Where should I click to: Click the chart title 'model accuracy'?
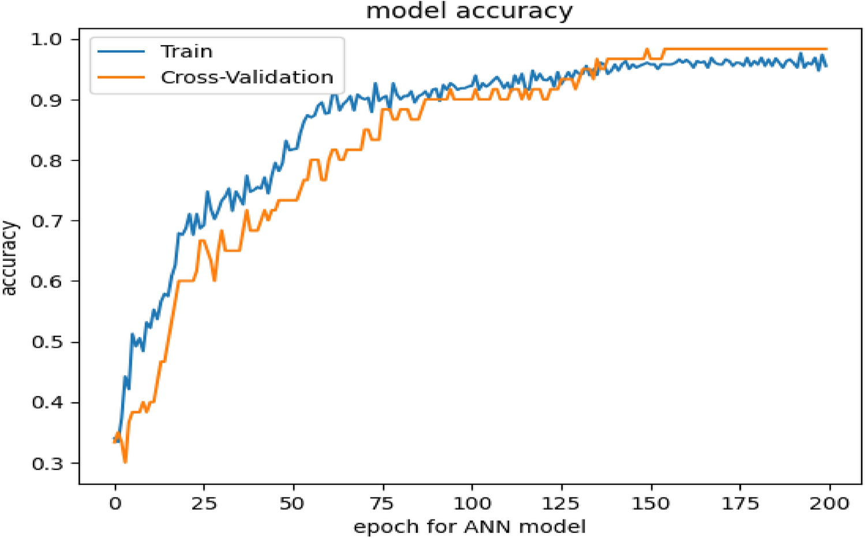point(469,11)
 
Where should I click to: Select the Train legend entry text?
point(186,51)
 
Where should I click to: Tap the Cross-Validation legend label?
point(247,77)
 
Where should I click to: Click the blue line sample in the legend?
point(121,51)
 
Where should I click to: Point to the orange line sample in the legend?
point(121,77)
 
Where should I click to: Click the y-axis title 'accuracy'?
point(10,258)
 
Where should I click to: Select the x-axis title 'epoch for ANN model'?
point(469,526)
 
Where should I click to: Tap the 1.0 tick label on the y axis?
point(47,39)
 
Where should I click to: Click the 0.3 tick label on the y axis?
point(47,464)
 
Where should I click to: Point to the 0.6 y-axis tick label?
point(47,282)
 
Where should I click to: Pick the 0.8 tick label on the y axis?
point(47,160)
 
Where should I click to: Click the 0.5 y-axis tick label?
point(47,342)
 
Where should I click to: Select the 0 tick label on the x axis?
point(115,503)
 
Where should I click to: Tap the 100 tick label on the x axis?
point(472,503)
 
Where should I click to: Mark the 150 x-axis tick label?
point(651,503)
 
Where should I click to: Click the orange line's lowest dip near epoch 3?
point(125,462)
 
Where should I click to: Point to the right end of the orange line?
point(826,49)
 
